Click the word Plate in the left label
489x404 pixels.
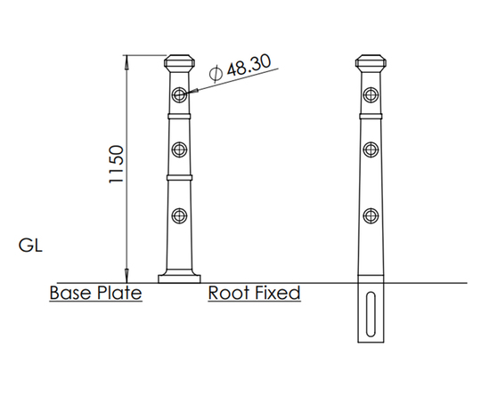120,292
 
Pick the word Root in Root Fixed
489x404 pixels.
229,292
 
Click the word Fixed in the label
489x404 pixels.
277,292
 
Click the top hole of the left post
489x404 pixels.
181,94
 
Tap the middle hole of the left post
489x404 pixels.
181,149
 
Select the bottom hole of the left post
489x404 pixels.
181,215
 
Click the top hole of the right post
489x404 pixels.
369,94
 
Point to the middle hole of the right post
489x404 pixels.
369,149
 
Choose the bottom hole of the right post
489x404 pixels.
369,215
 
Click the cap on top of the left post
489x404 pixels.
181,65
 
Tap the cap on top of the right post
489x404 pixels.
369,65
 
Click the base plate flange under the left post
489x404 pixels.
181,279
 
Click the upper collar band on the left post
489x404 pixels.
181,115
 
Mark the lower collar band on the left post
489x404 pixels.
181,178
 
